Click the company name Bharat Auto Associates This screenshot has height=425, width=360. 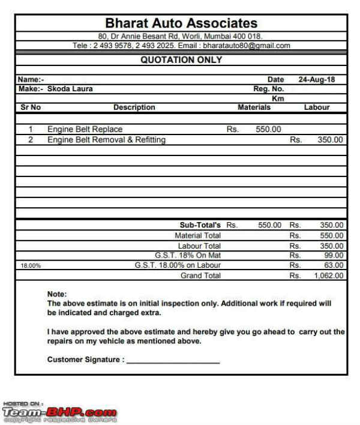click(x=181, y=23)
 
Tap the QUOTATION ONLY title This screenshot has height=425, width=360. click(x=181, y=60)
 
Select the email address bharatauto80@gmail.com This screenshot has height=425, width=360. click(x=246, y=45)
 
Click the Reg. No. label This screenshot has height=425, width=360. click(x=268, y=89)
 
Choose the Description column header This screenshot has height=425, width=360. click(x=134, y=107)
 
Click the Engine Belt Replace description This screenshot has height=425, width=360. click(x=85, y=129)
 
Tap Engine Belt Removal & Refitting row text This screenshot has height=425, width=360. click(x=106, y=140)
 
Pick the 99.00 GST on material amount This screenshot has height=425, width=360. click(x=333, y=255)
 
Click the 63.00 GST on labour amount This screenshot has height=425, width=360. click(x=333, y=265)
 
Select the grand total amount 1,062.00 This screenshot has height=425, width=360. click(x=329, y=276)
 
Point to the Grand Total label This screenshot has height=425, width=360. click(x=200, y=276)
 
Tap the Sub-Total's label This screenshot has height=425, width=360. click(x=200, y=225)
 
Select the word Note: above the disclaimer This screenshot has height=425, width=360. click(x=57, y=294)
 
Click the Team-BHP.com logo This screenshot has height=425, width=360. click(x=59, y=412)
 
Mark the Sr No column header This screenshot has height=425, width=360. click(x=30, y=107)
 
